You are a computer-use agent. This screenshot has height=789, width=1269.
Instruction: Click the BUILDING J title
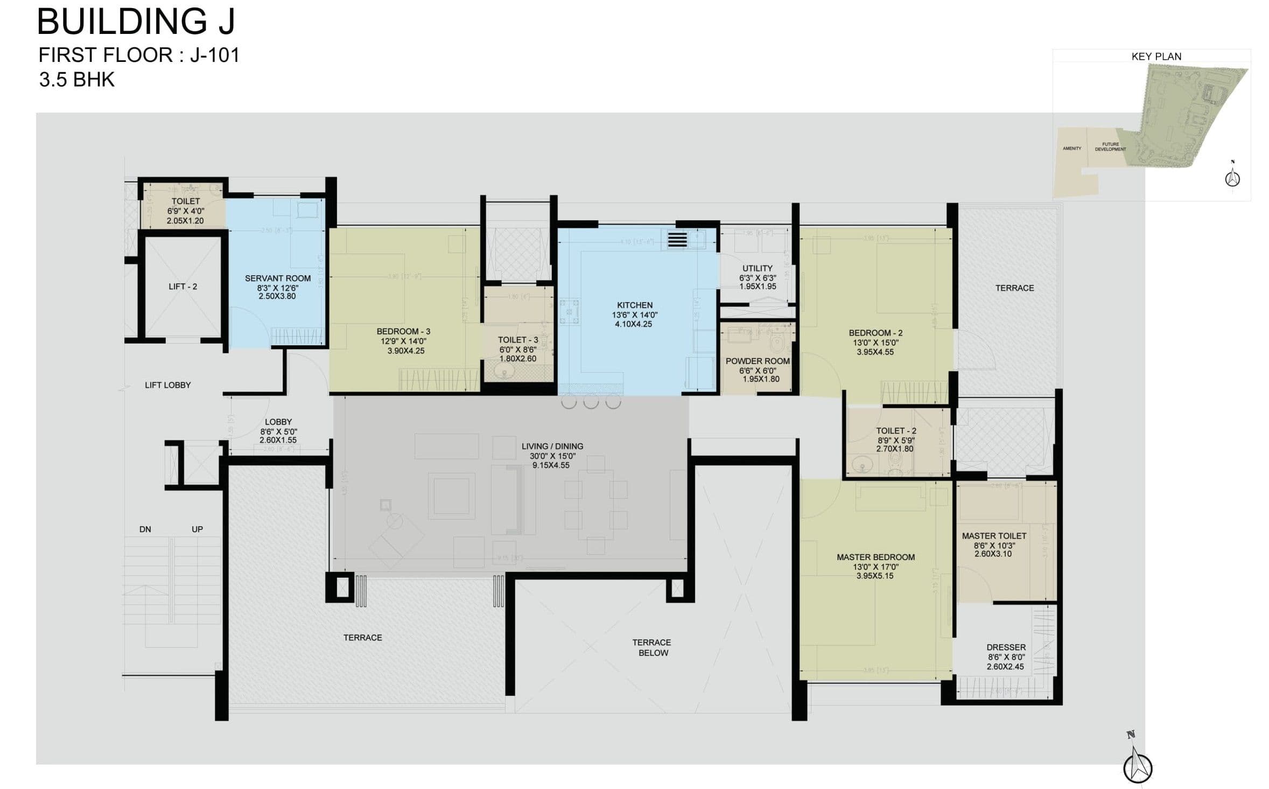pyautogui.click(x=136, y=22)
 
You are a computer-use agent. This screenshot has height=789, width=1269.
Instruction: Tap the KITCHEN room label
pyautogui.click(x=635, y=305)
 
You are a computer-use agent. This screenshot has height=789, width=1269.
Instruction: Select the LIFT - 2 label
pyautogui.click(x=183, y=287)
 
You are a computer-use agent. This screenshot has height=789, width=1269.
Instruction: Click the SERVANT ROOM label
pyautogui.click(x=277, y=278)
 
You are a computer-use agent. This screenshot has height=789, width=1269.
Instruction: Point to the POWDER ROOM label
pyautogui.click(x=757, y=361)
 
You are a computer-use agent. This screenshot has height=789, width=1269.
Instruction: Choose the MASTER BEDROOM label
pyautogui.click(x=875, y=557)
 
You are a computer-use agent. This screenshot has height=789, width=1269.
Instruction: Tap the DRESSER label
pyautogui.click(x=1006, y=647)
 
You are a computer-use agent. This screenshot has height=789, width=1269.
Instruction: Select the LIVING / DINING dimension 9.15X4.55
pyautogui.click(x=551, y=465)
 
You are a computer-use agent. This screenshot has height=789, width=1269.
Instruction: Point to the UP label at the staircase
pyautogui.click(x=197, y=529)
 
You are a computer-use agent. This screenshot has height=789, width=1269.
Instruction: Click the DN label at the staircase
pyautogui.click(x=145, y=529)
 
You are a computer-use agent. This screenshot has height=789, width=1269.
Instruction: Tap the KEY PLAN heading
pyautogui.click(x=1156, y=57)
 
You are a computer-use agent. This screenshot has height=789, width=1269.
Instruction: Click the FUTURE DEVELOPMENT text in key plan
pyautogui.click(x=1110, y=146)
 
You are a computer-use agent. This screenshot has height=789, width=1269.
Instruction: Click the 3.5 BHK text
pyautogui.click(x=76, y=80)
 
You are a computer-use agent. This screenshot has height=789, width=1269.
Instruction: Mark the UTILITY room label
pyautogui.click(x=757, y=268)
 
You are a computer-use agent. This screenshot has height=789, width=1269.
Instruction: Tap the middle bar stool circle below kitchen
pyautogui.click(x=591, y=402)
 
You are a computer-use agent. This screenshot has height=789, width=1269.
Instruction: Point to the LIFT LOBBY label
pyautogui.click(x=167, y=385)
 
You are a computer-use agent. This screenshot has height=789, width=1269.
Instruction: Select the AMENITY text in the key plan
pyautogui.click(x=1071, y=148)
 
